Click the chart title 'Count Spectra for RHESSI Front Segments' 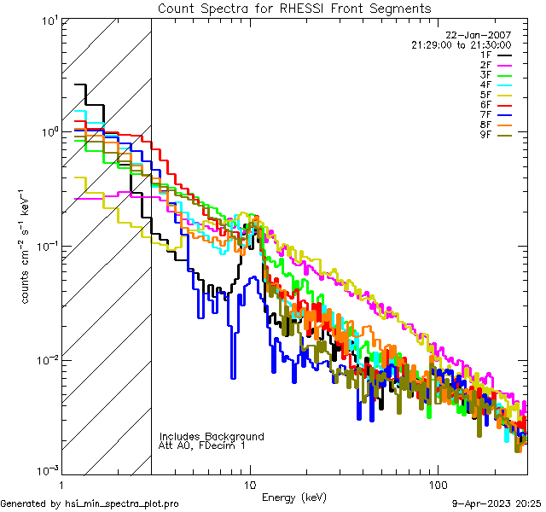click(x=294, y=8)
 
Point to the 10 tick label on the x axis click(x=250, y=484)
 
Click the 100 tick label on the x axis click(x=437, y=484)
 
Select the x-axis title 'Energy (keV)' click(x=294, y=497)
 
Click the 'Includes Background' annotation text click(x=212, y=436)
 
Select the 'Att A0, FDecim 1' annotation click(x=203, y=445)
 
